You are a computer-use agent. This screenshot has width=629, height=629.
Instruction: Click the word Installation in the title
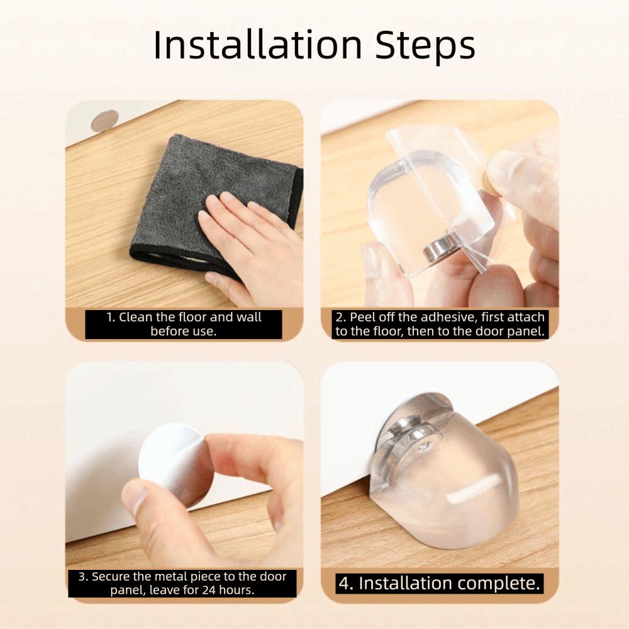[x=258, y=45]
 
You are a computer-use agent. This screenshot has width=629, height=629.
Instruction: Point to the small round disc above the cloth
[x=104, y=120]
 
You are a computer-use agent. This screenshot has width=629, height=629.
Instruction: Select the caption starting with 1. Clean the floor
[x=183, y=324]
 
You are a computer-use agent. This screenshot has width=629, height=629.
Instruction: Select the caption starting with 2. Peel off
[x=440, y=324]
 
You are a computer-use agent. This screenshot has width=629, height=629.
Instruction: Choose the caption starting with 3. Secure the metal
[x=182, y=583]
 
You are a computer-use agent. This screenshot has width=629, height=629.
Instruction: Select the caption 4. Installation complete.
[x=440, y=583]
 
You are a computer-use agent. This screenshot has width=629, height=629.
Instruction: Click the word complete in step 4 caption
[x=499, y=583]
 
